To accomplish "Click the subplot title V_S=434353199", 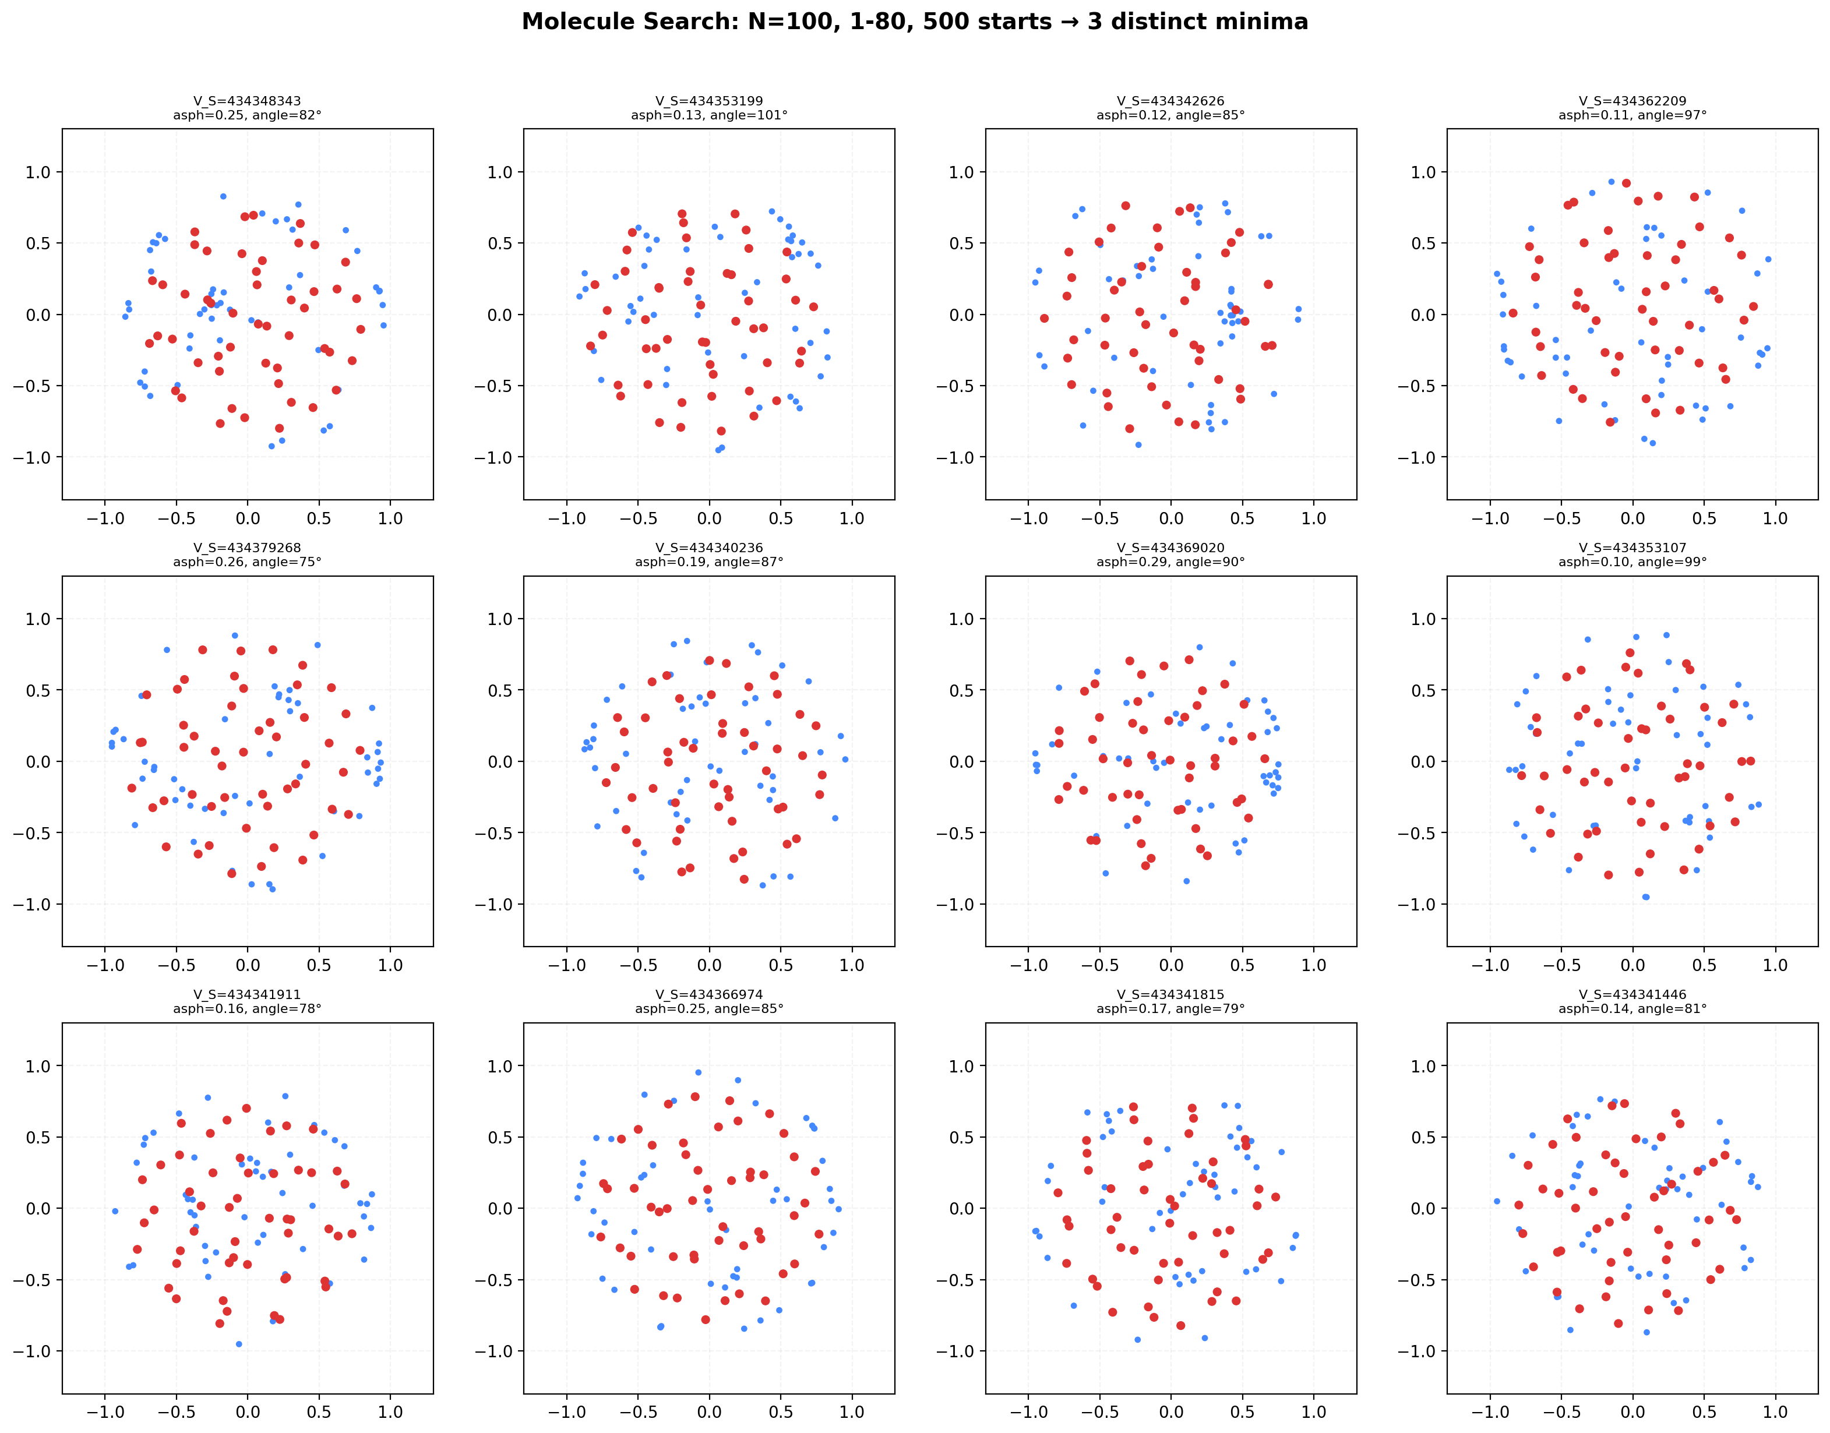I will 709,101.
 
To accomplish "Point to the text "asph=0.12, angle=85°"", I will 1170,115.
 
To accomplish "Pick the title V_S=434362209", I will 1632,101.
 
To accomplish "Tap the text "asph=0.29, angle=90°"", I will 1170,562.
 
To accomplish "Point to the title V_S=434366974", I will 709,994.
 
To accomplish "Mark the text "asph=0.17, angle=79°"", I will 1170,1008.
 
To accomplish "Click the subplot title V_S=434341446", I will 1632,994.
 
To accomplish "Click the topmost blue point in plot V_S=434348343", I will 223,196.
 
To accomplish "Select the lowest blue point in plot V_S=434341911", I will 239,1344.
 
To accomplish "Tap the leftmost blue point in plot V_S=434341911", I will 115,1210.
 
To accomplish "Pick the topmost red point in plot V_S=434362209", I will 1626,183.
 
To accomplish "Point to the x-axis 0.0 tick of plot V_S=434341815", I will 1170,1412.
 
